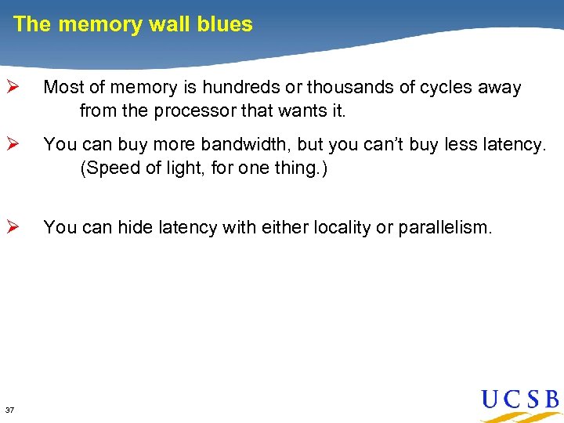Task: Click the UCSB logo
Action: click(x=519, y=401)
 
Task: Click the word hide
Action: click(x=136, y=227)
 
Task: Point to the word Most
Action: click(x=62, y=88)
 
